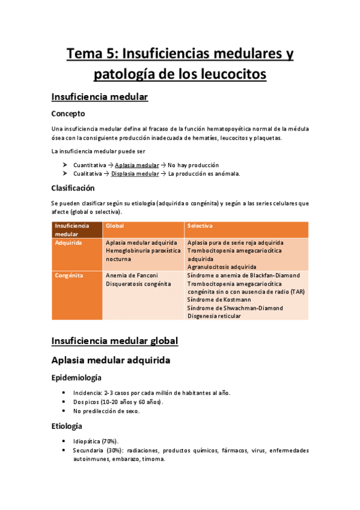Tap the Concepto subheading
click(x=68, y=113)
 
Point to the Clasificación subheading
click(x=73, y=188)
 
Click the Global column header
click(x=114, y=226)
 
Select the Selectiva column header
click(x=201, y=226)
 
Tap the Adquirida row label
click(x=68, y=242)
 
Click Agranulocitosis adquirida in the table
click(x=222, y=266)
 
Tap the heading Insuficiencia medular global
click(x=115, y=341)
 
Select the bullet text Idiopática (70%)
click(x=96, y=441)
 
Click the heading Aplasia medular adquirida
click(x=111, y=360)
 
